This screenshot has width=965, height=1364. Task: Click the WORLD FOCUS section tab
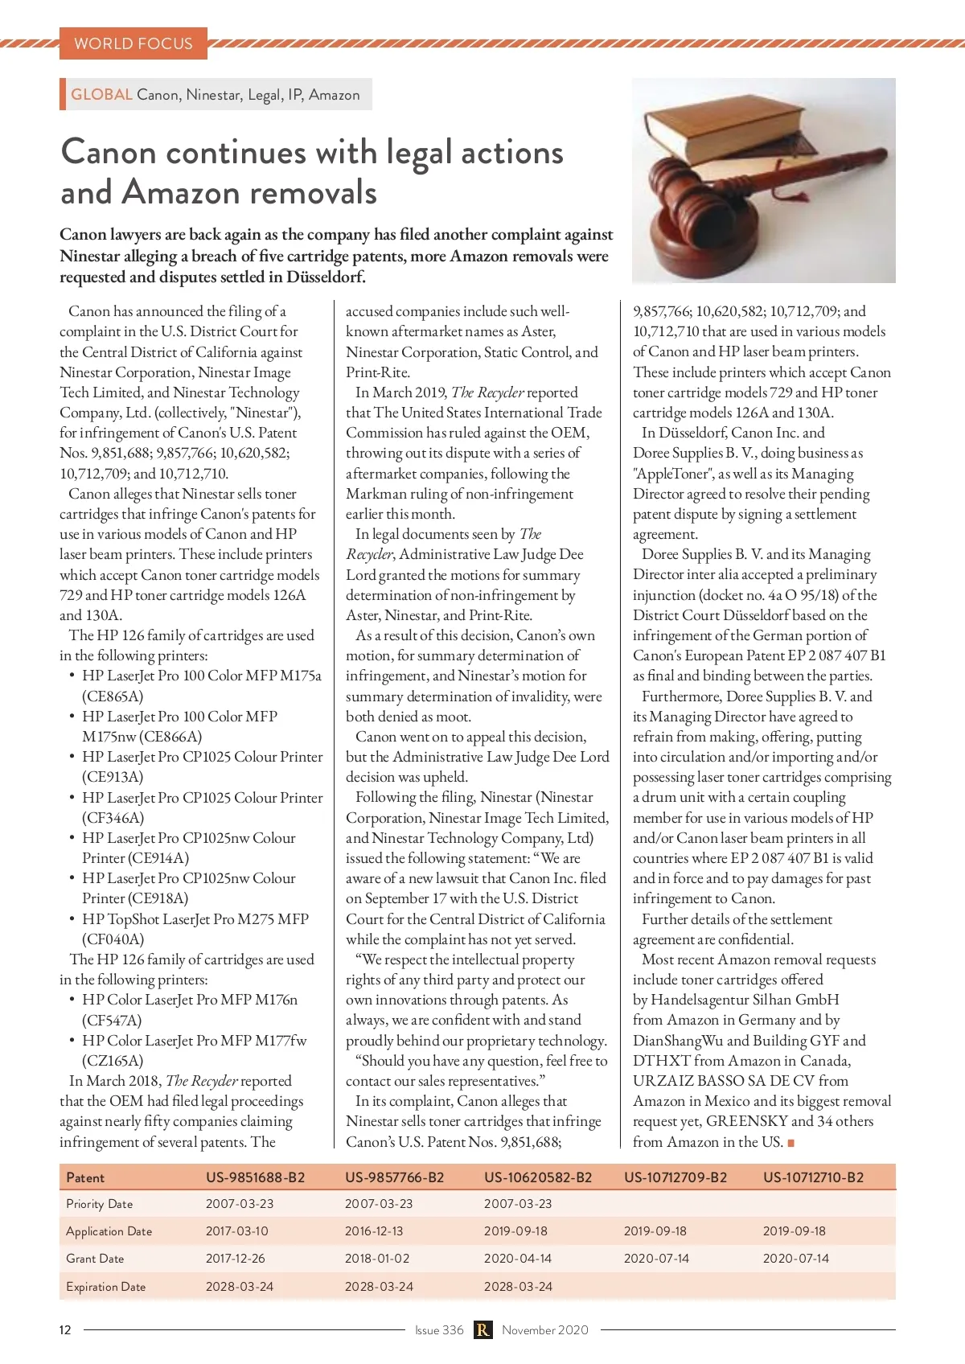click(133, 43)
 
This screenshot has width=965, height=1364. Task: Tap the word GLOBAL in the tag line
click(101, 94)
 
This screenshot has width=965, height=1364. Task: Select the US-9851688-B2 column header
click(255, 1177)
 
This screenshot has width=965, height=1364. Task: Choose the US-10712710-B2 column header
click(813, 1177)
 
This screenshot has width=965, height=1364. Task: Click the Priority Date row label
click(100, 1204)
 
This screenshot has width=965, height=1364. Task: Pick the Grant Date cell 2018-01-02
click(377, 1259)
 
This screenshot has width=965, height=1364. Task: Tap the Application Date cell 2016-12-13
click(374, 1231)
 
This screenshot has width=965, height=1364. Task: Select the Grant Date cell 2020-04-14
click(517, 1259)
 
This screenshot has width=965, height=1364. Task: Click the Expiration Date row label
click(106, 1287)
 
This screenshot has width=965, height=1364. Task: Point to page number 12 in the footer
click(65, 1330)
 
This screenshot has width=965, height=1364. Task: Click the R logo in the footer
click(482, 1330)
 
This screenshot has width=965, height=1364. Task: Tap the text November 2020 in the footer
click(545, 1330)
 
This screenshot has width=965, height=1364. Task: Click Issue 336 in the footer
click(439, 1330)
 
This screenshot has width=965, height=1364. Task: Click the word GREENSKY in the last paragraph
click(746, 1121)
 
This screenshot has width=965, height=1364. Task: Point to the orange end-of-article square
click(791, 1143)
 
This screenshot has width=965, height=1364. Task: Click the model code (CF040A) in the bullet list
click(113, 939)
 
